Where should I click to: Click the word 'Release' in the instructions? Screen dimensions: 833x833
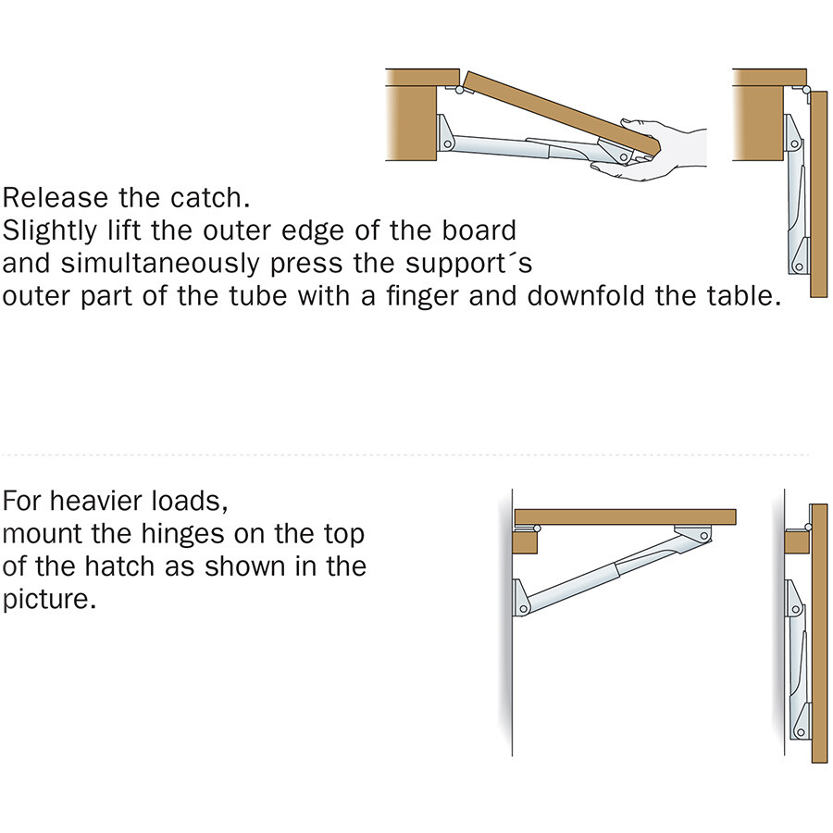click(55, 198)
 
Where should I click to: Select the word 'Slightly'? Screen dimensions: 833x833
click(49, 231)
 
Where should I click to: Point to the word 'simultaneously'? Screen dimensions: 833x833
click(160, 264)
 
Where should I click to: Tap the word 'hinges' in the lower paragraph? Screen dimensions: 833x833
click(182, 534)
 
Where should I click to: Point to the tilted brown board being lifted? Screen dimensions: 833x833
click(561, 114)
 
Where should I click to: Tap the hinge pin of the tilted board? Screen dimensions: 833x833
click(459, 90)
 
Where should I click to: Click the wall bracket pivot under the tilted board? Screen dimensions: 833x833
click(447, 143)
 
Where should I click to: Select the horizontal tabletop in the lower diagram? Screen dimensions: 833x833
click(626, 516)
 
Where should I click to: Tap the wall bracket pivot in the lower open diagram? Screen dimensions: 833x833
click(523, 609)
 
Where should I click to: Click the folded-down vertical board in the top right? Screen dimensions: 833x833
click(819, 194)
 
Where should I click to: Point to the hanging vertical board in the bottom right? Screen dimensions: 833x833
click(819, 633)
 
